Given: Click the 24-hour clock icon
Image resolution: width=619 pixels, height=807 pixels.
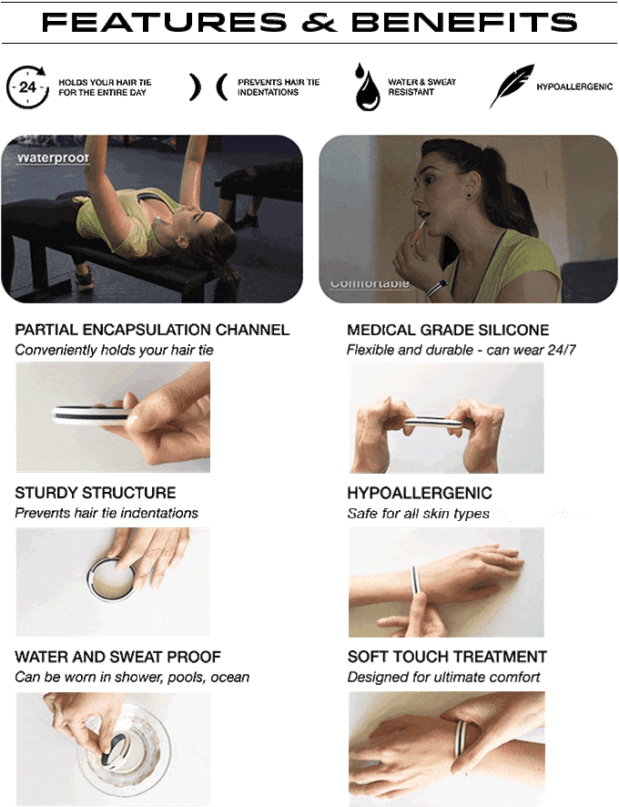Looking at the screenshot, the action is coord(27,87).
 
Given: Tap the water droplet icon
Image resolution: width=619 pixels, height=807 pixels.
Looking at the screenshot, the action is coord(367,87).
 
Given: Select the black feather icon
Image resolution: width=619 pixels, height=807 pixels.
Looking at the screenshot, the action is coord(512,86).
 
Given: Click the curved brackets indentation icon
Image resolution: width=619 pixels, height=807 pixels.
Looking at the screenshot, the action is coord(208,87).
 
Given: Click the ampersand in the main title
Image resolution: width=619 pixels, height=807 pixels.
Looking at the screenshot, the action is coord(319,22).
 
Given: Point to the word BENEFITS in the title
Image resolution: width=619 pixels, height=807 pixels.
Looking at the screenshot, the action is coord(464,22).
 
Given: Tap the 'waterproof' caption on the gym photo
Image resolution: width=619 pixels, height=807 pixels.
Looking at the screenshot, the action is coord(53,158).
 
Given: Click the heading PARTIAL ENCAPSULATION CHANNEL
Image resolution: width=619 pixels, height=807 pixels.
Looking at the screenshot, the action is coord(152,330).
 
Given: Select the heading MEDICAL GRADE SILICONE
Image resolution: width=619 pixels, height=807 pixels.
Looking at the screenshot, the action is coord(448,330).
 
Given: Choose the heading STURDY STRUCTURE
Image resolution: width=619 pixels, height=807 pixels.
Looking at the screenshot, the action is coord(96,493).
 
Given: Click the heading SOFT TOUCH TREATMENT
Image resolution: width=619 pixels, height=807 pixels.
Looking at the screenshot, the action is coord(447,657).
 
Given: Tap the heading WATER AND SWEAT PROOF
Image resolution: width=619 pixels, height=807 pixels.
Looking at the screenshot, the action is coord(117,657).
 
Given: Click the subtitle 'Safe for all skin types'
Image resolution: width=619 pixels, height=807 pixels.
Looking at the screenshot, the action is coord(418,514).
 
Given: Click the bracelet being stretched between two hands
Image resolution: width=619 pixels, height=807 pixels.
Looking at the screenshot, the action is coord(433,422).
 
